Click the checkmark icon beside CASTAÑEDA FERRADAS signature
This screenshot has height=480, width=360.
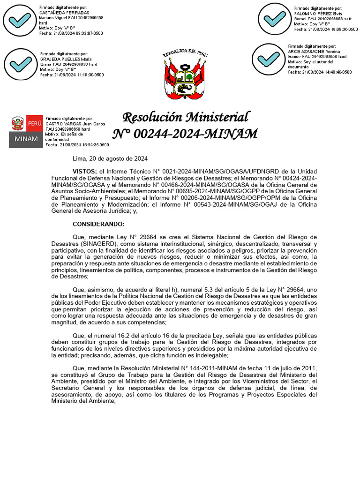coord(20,20)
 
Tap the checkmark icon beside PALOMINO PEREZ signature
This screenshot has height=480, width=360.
coord(275,19)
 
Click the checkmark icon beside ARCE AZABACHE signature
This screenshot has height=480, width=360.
coord(269,59)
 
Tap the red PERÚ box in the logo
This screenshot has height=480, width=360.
coord(34,123)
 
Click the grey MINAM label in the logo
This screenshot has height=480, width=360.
coord(25,140)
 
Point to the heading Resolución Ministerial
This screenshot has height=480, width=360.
coord(185,117)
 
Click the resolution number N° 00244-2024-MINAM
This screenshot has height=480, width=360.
coord(185,134)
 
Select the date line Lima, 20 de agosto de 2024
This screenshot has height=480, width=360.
coord(110,158)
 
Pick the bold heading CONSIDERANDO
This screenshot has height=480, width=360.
coord(98,224)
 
